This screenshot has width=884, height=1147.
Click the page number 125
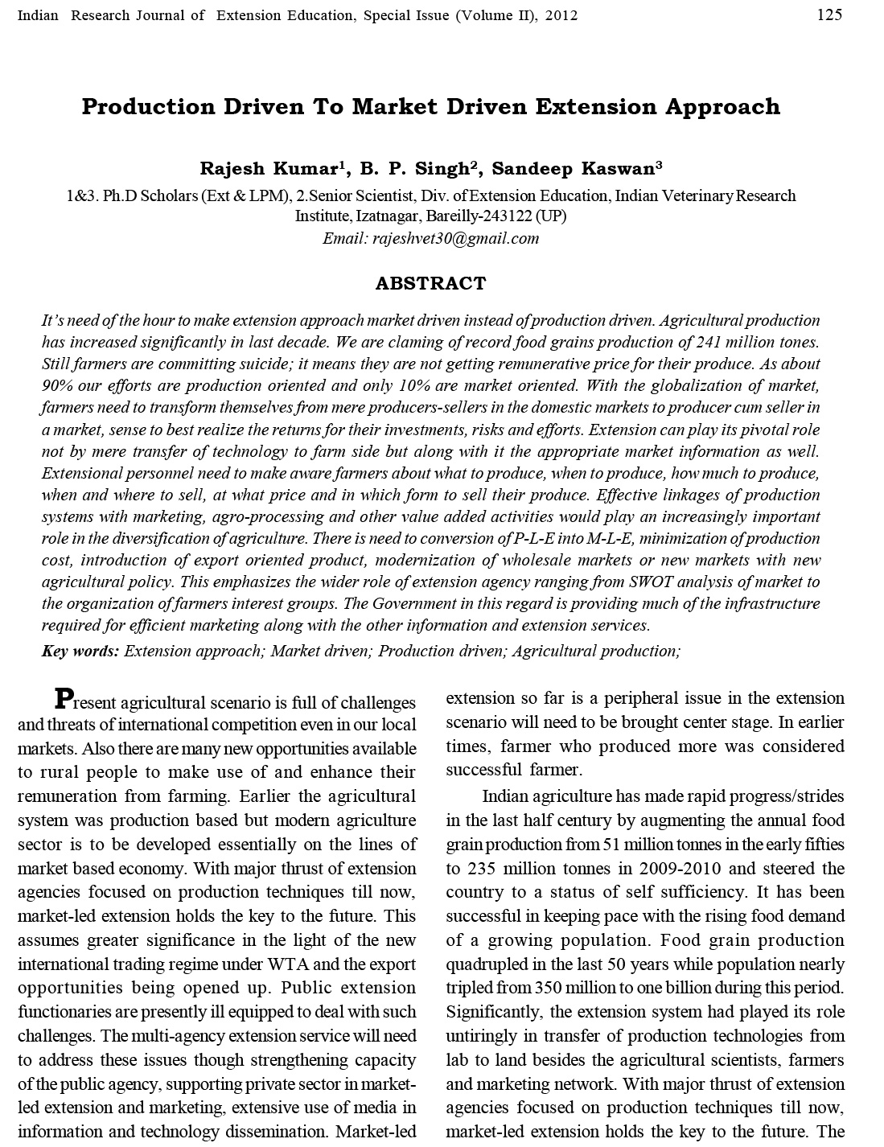[x=829, y=14]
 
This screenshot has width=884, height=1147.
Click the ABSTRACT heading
[x=430, y=283]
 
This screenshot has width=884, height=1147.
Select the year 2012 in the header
[x=561, y=15]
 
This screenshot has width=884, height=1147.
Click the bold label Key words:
[x=80, y=651]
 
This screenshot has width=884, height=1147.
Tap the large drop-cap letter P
[x=64, y=697]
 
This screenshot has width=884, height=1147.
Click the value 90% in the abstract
[x=56, y=385]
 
